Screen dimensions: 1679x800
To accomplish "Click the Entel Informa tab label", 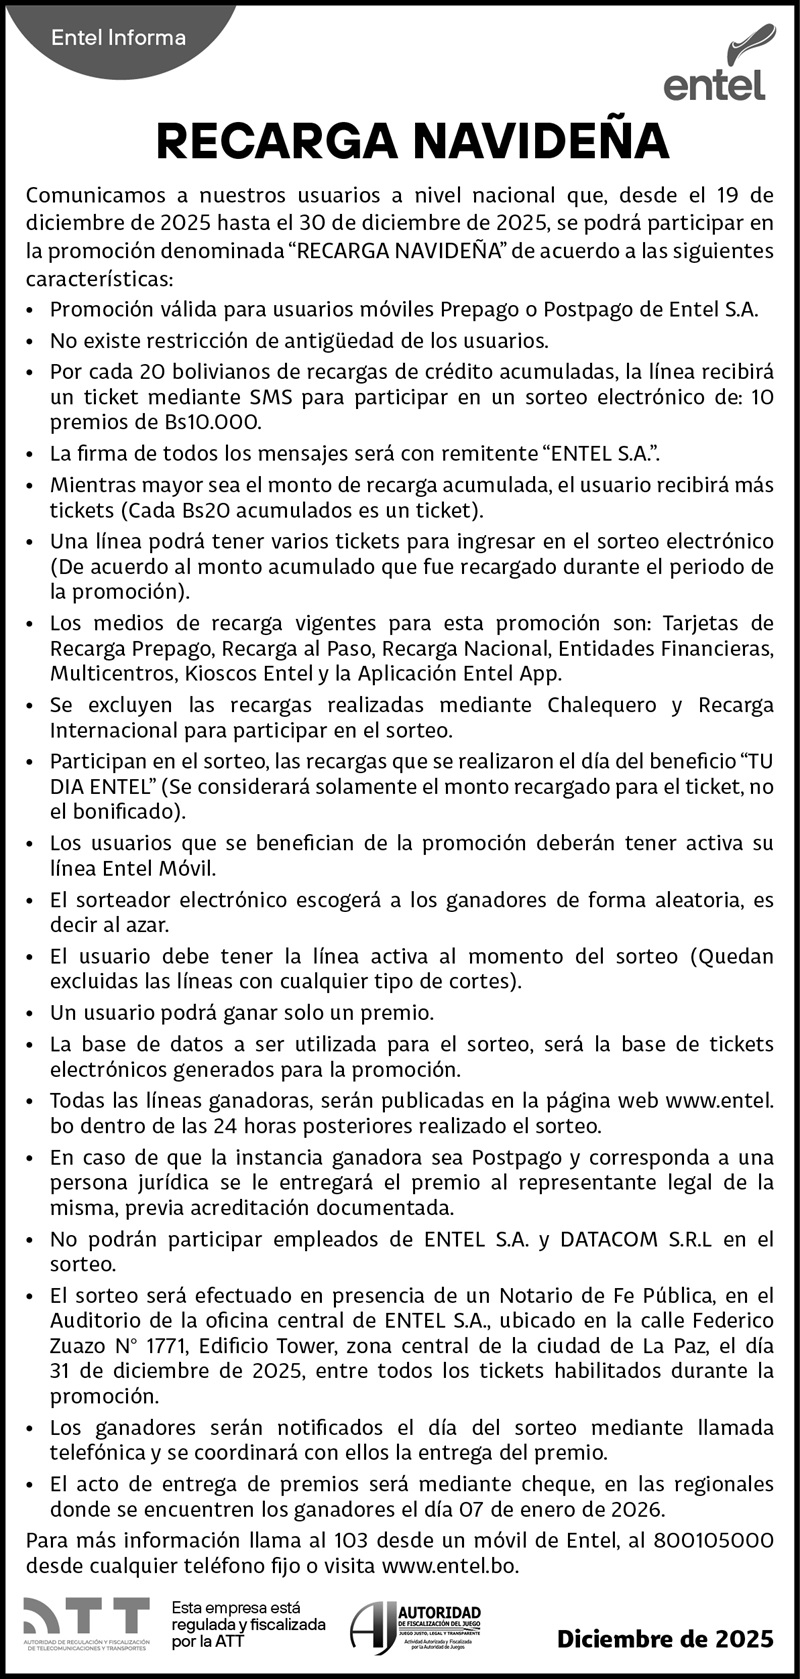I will tap(118, 38).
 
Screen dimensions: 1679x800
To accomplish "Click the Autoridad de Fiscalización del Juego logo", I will tap(415, 1627).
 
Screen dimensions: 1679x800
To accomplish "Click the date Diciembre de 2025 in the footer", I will tap(665, 1639).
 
